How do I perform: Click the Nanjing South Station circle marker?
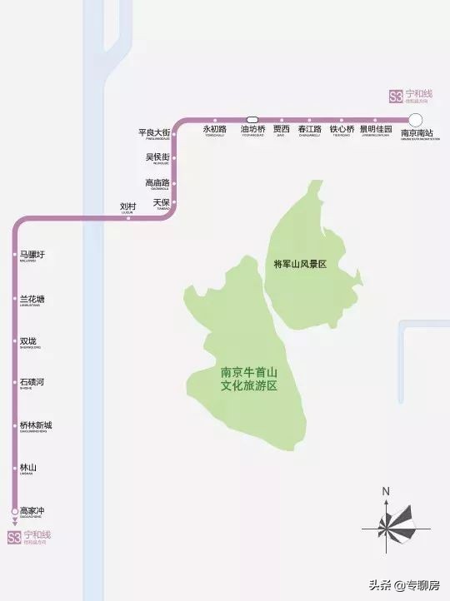416,120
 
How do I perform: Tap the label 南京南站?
417,133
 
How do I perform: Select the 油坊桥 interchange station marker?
252,119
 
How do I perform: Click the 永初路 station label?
215,130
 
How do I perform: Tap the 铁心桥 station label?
342,130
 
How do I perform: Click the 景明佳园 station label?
376,130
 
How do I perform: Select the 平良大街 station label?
154,133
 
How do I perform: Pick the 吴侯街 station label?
157,157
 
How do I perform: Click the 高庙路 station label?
157,182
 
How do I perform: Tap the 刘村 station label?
127,206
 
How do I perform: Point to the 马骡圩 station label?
32,255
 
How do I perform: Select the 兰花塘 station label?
32,299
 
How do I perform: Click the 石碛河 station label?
32,382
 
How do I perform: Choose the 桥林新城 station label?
36,425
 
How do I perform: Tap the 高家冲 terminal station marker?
14,510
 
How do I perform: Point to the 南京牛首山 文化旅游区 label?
247,380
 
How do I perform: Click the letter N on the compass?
387,491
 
